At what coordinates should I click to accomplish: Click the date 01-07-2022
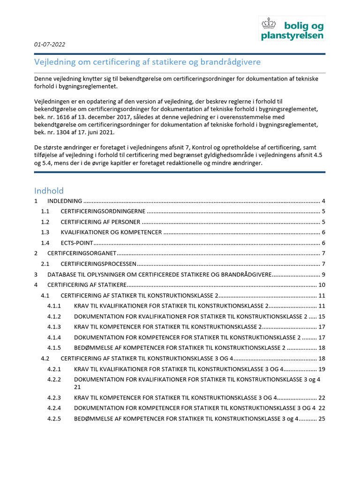click(x=49, y=45)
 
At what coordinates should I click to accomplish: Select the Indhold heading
click(x=49, y=191)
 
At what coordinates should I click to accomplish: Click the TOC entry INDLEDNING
click(x=65, y=201)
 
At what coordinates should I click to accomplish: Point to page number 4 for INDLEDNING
click(x=323, y=201)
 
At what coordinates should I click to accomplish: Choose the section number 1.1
click(x=45, y=211)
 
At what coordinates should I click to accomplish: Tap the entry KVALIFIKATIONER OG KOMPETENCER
click(x=112, y=232)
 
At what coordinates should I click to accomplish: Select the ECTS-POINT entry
click(x=77, y=243)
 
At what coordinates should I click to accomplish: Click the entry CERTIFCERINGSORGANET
click(x=82, y=253)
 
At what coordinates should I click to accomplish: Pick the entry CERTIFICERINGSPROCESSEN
click(x=98, y=264)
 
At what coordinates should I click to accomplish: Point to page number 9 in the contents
click(x=323, y=274)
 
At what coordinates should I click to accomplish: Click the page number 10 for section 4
click(x=322, y=285)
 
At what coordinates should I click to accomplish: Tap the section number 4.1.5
click(x=54, y=348)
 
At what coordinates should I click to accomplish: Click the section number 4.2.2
click(x=54, y=379)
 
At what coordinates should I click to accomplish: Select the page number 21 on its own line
click(x=77, y=387)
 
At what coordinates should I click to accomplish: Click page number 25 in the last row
click(x=321, y=419)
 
